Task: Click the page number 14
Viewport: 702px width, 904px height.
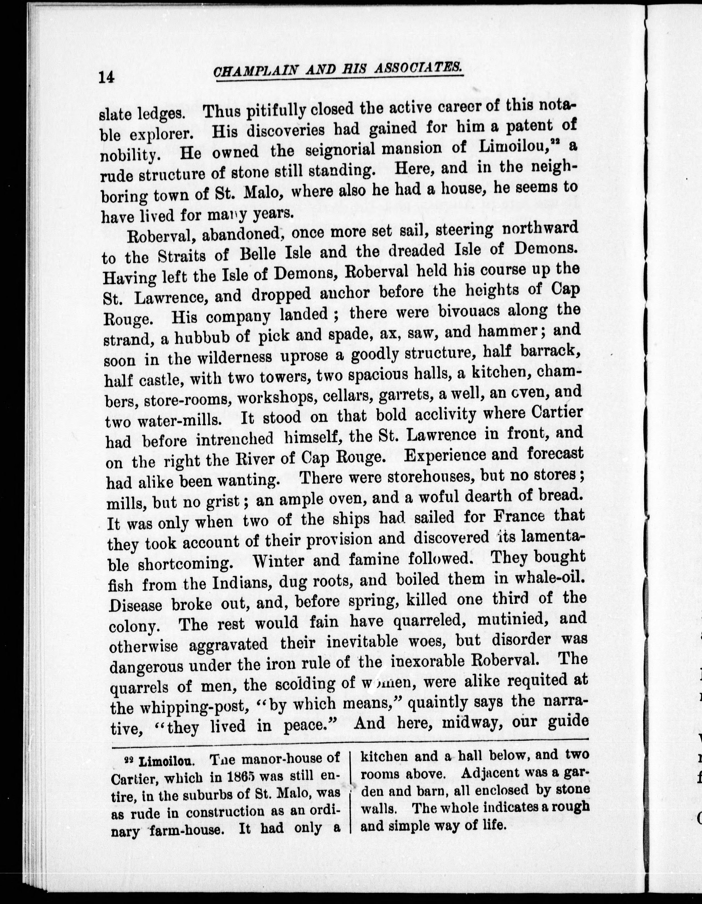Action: pyautogui.click(x=106, y=77)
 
